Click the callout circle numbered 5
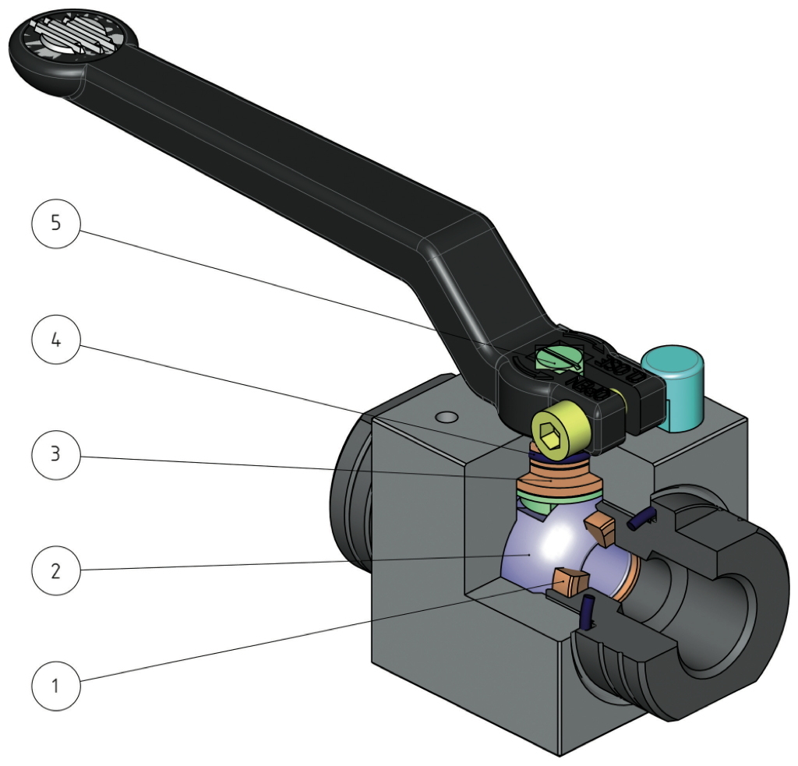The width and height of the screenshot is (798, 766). [x=56, y=223]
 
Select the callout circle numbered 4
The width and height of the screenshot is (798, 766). [x=56, y=341]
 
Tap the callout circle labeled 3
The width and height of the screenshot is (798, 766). [x=56, y=454]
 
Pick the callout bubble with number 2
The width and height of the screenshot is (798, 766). [x=56, y=570]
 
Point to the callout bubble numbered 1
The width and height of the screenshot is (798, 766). [x=56, y=687]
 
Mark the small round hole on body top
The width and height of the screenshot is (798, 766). [x=446, y=418]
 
